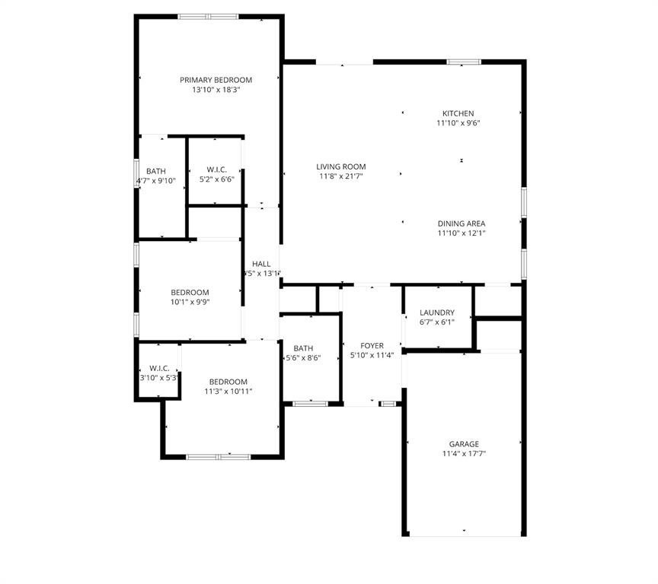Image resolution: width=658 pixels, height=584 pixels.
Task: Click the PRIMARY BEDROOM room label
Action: pos(216,80)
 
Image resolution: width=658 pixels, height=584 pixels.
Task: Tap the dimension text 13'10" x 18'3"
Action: pos(216,90)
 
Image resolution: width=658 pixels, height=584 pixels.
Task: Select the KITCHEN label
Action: pos(458,113)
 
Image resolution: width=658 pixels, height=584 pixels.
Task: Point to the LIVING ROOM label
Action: pos(341,167)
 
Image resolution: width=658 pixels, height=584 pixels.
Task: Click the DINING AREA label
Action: pos(462,224)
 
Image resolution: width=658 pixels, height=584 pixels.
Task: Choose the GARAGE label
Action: pos(464,444)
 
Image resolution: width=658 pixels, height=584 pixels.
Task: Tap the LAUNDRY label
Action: pos(437,313)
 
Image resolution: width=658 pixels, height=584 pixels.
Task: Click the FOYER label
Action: pos(372,346)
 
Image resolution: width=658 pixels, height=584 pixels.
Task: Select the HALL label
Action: pos(261,264)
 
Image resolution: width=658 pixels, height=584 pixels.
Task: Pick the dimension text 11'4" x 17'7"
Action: pos(464,454)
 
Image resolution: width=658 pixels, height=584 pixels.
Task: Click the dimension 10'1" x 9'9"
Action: pos(190,302)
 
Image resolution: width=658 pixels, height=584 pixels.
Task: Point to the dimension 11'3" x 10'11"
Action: pos(228,392)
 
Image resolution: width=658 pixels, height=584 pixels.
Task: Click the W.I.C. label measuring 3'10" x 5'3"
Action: pos(159,368)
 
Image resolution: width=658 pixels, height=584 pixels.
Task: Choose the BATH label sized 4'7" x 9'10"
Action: pos(156,172)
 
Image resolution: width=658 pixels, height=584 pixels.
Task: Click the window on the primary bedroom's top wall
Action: pos(208,17)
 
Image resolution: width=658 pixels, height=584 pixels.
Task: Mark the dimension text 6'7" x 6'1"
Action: pos(437,322)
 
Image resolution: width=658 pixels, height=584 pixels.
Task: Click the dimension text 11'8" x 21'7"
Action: pos(341,176)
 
